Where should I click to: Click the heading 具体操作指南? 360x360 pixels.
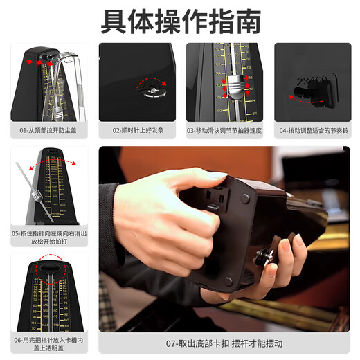point(181,21)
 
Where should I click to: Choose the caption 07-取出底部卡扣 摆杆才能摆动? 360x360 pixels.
point(225,343)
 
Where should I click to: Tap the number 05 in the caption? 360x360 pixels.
point(15,234)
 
